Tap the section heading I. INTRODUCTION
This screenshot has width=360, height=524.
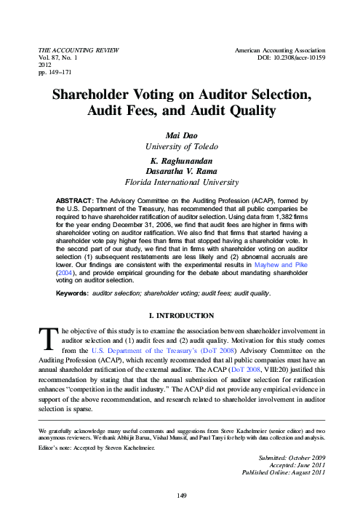[180, 314]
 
